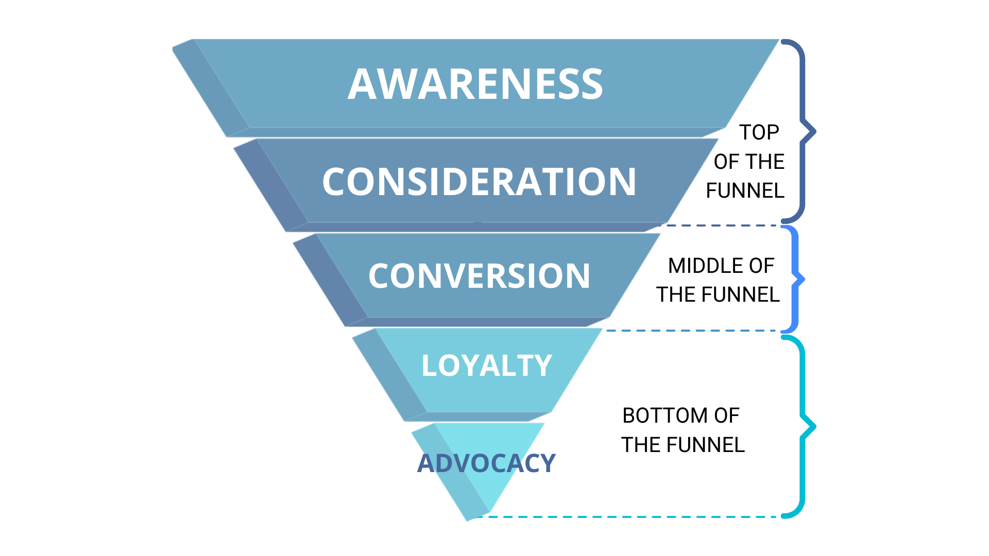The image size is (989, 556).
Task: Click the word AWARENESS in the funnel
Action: (475, 84)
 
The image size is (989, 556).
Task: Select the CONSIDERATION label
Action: (479, 182)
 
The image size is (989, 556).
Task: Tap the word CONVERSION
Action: (479, 276)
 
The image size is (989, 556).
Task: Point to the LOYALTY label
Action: (487, 366)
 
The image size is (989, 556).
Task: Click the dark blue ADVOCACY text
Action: (486, 463)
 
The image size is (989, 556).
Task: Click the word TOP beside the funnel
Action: (759, 132)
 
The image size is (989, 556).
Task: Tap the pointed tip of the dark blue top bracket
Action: (814, 132)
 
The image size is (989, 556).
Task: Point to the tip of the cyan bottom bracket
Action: (814, 426)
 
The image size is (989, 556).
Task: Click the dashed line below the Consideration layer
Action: (721, 225)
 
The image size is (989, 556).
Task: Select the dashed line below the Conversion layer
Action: (695, 331)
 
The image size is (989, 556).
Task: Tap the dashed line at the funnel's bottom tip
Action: (634, 516)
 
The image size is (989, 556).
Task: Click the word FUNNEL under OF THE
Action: (745, 190)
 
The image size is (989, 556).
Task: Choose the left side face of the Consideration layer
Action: (271, 185)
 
